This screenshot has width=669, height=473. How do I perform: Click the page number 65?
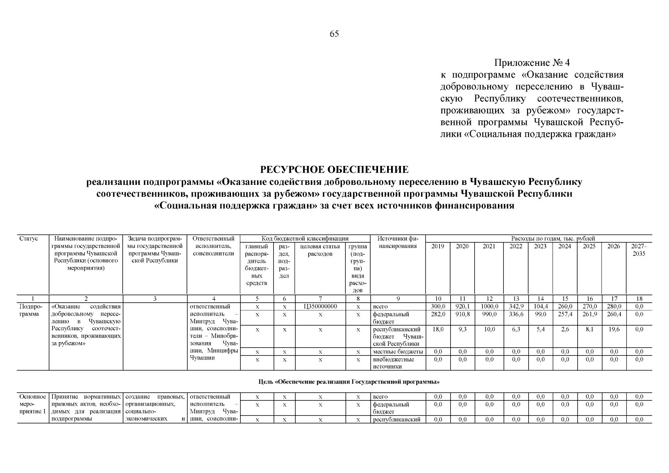coord(334,34)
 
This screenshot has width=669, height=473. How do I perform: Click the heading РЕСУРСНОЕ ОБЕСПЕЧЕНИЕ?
coord(334,169)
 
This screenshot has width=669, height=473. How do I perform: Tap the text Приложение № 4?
coord(532,63)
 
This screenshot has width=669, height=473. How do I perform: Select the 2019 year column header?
coord(438,246)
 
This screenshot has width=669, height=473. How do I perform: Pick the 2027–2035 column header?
coord(639,250)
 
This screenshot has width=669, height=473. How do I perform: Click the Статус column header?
coord(28,238)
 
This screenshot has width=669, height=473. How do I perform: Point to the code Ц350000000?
coord(321,306)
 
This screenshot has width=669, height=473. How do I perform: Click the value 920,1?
coord(462,306)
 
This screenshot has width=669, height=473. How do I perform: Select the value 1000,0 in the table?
coord(489,306)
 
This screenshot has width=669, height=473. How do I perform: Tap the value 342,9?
coord(516,306)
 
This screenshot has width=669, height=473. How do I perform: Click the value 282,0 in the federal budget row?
coord(438,314)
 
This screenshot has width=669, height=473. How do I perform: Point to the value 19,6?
coord(614,329)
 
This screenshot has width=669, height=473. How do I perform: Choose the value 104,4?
coord(540,306)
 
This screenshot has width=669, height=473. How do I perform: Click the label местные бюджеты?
coord(398,352)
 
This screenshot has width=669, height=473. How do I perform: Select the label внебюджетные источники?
coord(393,363)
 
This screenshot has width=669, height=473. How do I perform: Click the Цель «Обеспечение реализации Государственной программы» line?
coord(349,382)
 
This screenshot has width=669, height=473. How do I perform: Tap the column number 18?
coord(639,299)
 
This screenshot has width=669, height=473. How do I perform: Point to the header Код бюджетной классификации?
coord(305,238)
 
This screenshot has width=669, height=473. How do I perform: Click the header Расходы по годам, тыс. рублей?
coord(553,238)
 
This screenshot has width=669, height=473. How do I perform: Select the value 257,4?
coord(565,314)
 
